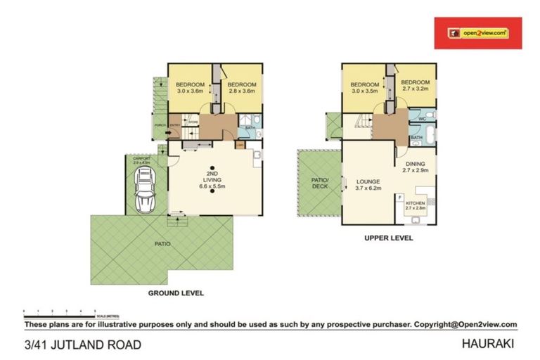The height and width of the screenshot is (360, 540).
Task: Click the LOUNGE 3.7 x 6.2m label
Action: [x=368, y=184]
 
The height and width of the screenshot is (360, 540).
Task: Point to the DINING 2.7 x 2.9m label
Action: [x=414, y=167]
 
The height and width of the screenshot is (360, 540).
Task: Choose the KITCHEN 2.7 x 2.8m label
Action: [x=416, y=205]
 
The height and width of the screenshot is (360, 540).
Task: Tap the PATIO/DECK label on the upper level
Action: [x=319, y=183]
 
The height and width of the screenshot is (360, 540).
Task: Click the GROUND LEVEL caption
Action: [x=175, y=292]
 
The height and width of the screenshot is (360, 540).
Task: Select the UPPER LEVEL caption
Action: [x=387, y=238]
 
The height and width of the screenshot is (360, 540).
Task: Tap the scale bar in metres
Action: [x=60, y=309]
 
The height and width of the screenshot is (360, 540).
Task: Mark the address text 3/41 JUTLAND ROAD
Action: [x=83, y=345]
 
